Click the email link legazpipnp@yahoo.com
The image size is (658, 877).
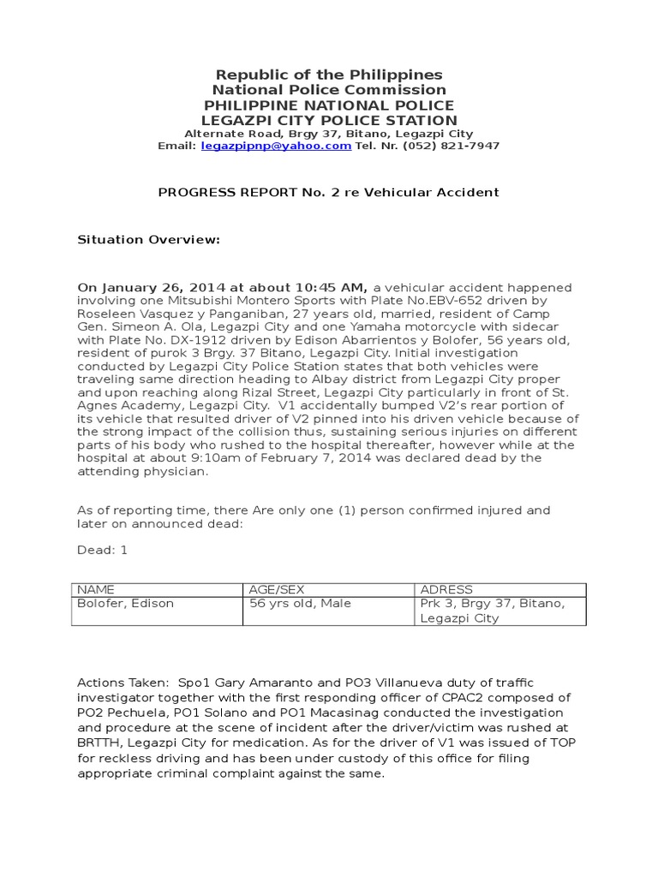coord(276,146)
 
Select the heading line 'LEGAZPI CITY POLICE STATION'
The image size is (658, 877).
coord(329,121)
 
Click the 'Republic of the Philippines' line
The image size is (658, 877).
coord(329,75)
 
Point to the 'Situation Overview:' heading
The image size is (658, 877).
coord(149,241)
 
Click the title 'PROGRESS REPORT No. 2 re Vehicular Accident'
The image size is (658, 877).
coord(329,193)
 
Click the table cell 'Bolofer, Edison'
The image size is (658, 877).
coord(126,604)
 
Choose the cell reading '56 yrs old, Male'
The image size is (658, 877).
coord(300,604)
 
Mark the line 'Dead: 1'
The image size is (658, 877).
coord(103,550)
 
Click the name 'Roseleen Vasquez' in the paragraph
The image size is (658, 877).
coord(127,313)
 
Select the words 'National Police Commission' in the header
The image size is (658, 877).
coord(329,90)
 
